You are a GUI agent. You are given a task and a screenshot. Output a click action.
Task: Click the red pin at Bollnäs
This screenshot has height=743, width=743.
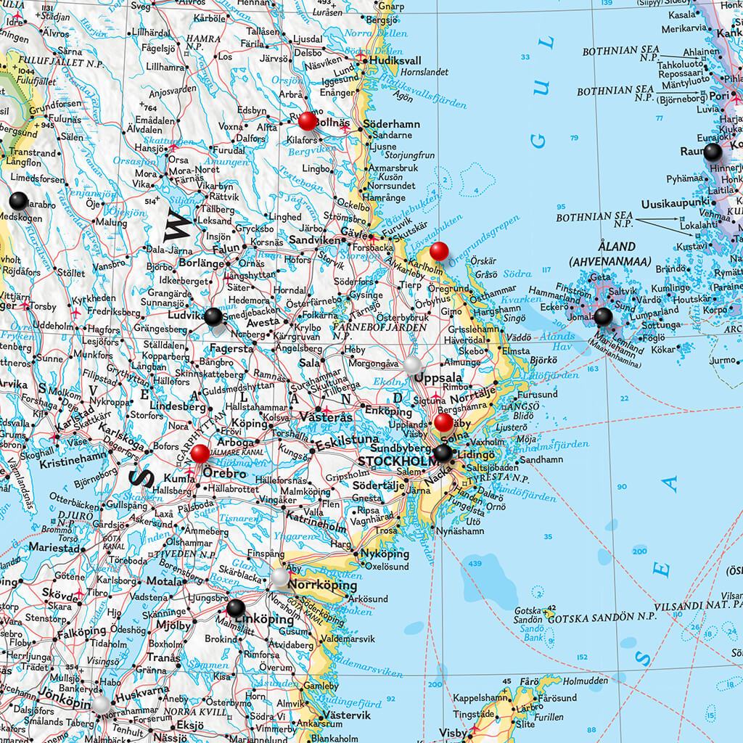[308, 120]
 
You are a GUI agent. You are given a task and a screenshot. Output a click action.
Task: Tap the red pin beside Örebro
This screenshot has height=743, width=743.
[200, 454]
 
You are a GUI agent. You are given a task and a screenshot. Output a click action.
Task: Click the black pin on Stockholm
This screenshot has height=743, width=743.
[443, 453]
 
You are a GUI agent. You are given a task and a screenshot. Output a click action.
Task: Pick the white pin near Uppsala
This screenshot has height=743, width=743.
[413, 364]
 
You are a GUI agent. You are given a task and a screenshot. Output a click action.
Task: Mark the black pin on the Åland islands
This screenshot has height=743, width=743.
[603, 316]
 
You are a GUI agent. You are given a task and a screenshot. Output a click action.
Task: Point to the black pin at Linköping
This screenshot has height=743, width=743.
[236, 608]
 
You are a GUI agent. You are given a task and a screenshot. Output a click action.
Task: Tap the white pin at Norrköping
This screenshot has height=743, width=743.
[281, 577]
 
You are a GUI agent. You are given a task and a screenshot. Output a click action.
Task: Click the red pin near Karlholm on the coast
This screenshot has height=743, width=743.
[439, 251]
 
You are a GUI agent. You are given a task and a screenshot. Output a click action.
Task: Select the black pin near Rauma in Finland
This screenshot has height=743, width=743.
[713, 151]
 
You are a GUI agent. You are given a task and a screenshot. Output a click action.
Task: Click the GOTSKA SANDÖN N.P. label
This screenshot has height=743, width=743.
[602, 617]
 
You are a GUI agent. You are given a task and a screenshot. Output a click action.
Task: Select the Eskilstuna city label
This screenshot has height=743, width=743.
[347, 440]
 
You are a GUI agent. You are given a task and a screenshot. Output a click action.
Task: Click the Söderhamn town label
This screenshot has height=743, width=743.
[392, 124]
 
